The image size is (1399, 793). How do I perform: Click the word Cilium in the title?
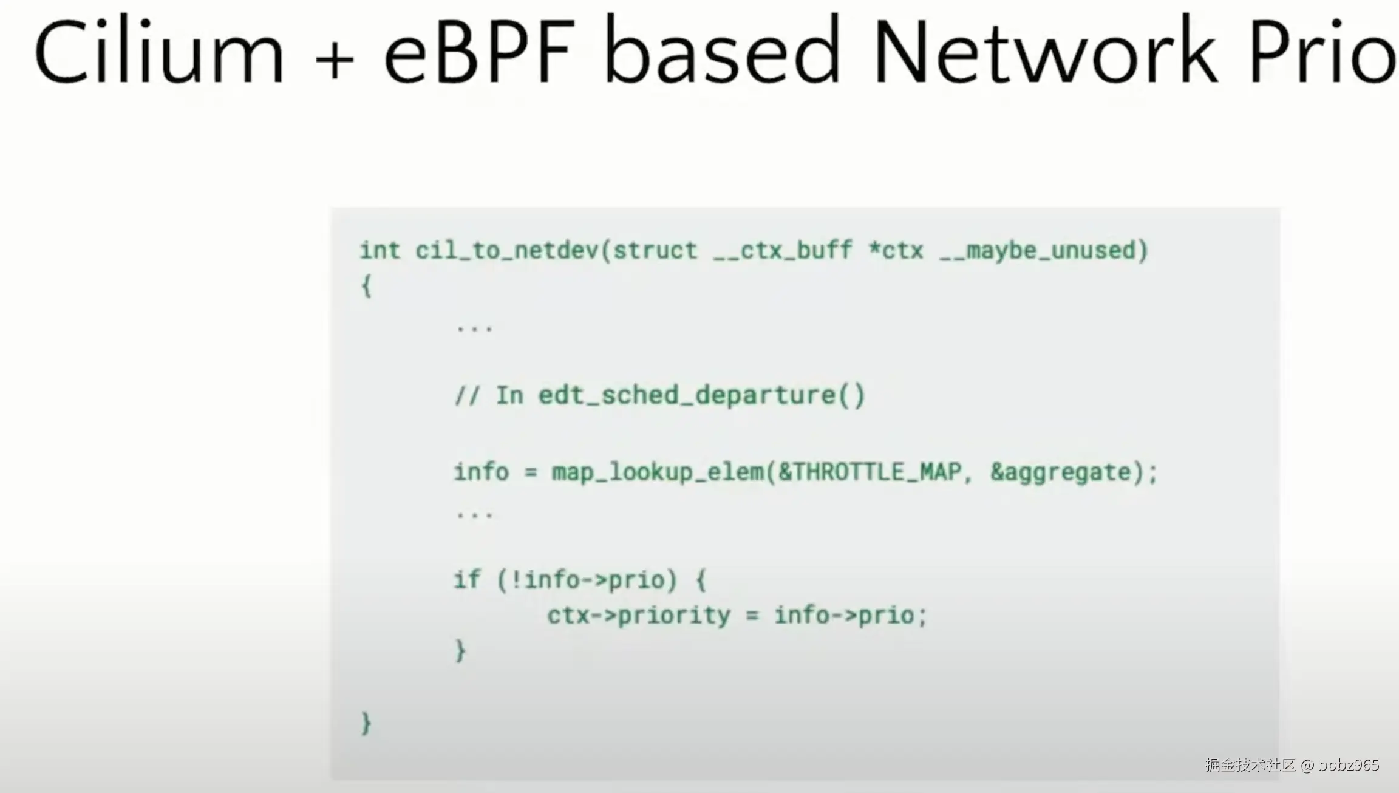tap(159, 52)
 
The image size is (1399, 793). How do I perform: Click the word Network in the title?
tap(1044, 51)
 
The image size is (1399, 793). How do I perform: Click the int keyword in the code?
tap(380, 250)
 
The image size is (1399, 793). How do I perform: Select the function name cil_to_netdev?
tap(507, 251)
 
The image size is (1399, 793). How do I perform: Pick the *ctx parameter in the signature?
tap(896, 250)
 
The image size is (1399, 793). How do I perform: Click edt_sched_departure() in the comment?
tap(701, 396)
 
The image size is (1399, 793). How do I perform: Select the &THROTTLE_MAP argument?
tap(870, 472)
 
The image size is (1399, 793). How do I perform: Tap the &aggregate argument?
tap(1061, 472)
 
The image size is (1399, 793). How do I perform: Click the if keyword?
tap(467, 580)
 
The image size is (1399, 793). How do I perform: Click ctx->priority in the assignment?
tap(639, 616)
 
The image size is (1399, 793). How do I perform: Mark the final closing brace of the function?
tap(366, 723)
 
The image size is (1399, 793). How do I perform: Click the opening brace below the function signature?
tap(366, 285)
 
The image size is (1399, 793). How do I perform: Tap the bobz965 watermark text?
tap(1349, 765)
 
